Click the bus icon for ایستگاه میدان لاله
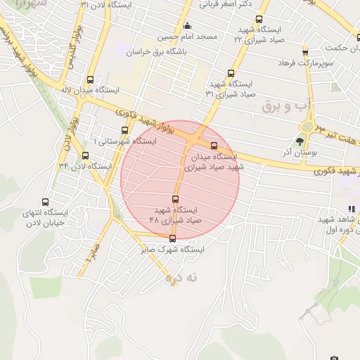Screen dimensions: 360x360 89,79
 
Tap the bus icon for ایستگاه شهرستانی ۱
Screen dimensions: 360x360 125,130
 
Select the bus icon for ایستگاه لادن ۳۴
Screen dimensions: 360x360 86,155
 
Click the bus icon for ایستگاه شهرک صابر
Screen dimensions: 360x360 173,239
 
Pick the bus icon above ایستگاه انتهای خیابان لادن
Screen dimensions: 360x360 46,202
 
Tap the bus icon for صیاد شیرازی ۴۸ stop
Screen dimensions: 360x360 176,200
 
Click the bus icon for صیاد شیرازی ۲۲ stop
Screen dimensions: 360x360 259,20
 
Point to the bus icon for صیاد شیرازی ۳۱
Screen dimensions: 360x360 231,73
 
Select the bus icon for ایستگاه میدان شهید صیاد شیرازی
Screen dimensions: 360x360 214,146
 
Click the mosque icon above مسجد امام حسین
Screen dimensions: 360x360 187,27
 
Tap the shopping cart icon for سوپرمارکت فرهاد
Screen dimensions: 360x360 304,53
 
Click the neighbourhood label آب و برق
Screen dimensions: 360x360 285,106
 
